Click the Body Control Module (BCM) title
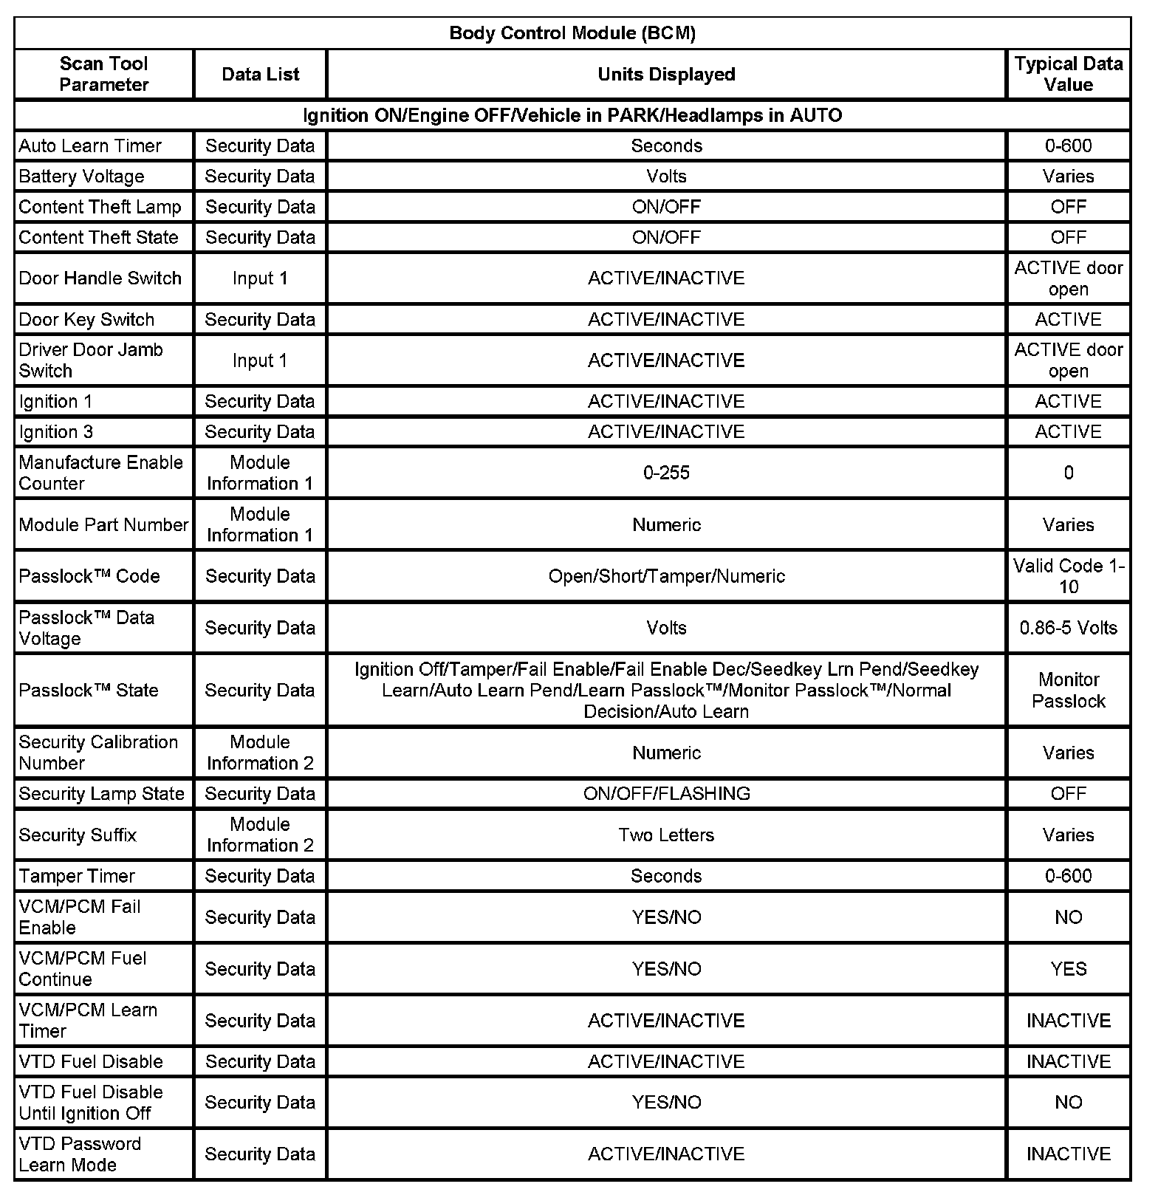pos(572,33)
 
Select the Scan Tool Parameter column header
pos(103,74)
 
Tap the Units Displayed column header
pos(666,74)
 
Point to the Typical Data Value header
pos(1068,74)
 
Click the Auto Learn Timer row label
pos(90,146)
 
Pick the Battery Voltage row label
pos(81,177)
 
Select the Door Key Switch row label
pos(86,320)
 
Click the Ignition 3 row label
pos(56,432)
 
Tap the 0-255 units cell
pos(666,473)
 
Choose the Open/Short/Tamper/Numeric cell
pos(666,576)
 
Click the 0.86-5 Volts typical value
pos(1068,628)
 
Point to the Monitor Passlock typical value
pos(1068,690)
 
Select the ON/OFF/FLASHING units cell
pos(666,794)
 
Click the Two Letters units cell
pos(666,835)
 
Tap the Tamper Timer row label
pos(77,877)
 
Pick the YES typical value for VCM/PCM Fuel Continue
pos(1068,969)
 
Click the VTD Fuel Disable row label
pos(91,1062)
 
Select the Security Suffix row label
pos(78,835)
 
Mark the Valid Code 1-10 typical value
pos(1068,576)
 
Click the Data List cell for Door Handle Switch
pos(260,278)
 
